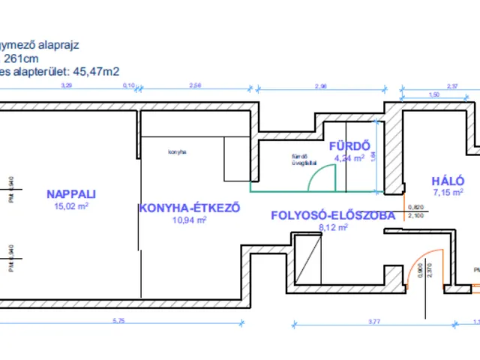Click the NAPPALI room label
tap(71, 193)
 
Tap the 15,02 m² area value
tap(71, 205)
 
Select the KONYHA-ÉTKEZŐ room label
tap(189, 208)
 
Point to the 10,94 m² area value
tap(189, 220)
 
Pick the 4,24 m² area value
tap(349, 158)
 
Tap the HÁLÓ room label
tap(448, 181)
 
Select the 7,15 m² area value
tap(448, 193)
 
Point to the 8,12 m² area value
tap(331, 227)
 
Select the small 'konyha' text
tap(177, 152)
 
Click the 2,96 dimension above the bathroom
tap(321, 88)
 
